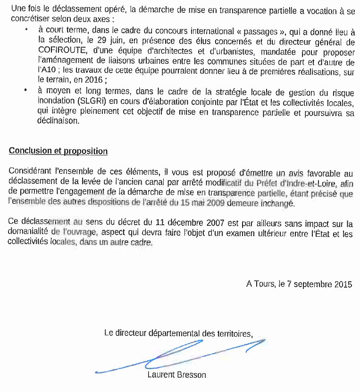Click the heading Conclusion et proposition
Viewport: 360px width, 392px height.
coord(58,151)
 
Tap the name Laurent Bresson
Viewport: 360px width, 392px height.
coord(176,375)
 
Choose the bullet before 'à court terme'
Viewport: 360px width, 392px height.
coord(27,29)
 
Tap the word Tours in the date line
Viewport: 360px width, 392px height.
coord(264,284)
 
